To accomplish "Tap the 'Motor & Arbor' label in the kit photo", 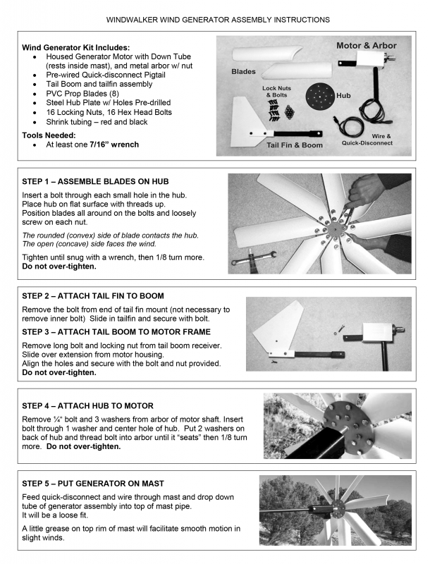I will pyautogui.click(x=366, y=46).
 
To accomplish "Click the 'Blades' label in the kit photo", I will pyautogui.click(x=243, y=72).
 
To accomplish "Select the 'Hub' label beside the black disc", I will pyautogui.click(x=343, y=94).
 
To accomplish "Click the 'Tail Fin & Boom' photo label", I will pyautogui.click(x=295, y=145).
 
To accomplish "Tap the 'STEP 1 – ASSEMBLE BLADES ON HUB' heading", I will pyautogui.click(x=95, y=182).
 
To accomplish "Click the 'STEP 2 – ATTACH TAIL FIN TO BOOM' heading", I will pyautogui.click(x=93, y=295).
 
